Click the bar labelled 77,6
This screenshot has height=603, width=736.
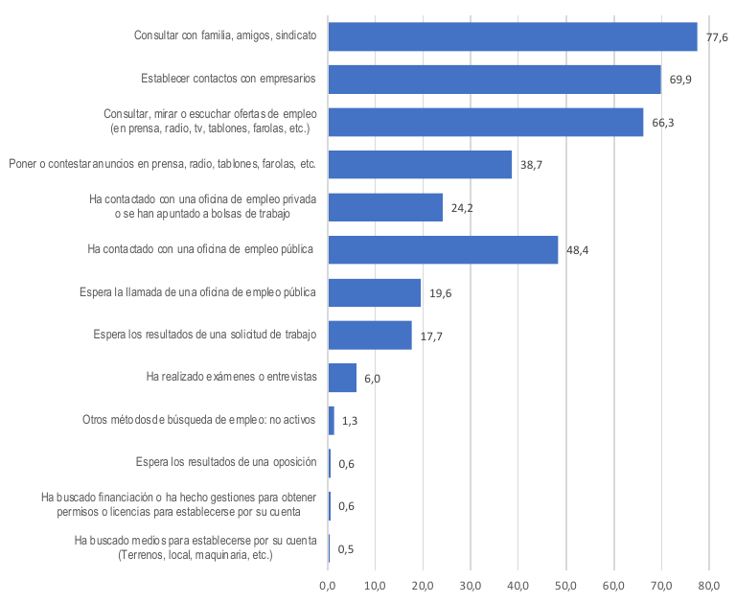tap(513, 36)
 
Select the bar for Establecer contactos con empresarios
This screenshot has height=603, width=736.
tap(494, 79)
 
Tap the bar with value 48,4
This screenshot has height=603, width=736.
tap(443, 249)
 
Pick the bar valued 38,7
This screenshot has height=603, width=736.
tap(420, 165)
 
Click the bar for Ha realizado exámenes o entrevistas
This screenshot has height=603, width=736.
tap(342, 378)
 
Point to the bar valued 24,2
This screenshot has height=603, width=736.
tap(385, 207)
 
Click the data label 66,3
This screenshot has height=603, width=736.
tap(664, 123)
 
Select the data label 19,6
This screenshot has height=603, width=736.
tap(441, 293)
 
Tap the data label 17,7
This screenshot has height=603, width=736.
tap(432, 336)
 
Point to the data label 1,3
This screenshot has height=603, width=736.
tap(350, 421)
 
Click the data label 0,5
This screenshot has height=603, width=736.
tap(346, 549)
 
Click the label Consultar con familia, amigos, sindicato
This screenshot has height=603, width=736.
tap(225, 35)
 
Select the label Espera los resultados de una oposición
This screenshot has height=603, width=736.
tap(227, 462)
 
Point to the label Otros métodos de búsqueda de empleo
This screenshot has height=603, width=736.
tap(201, 419)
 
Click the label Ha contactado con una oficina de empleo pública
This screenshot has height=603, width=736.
tap(201, 249)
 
